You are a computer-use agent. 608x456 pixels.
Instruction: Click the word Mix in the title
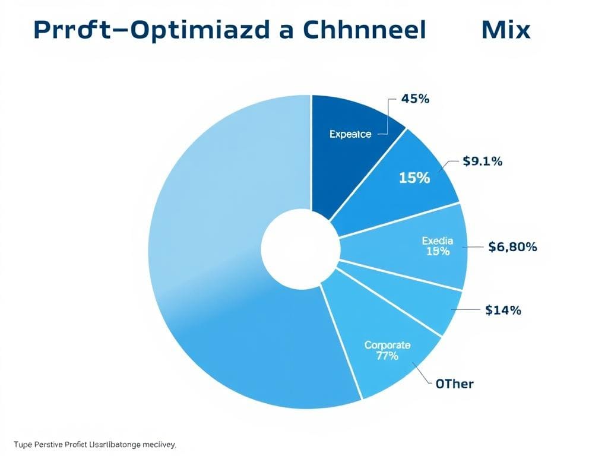tap(506, 30)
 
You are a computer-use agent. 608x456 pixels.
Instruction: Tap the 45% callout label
tap(415, 99)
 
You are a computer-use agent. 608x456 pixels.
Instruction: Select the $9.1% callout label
tap(482, 161)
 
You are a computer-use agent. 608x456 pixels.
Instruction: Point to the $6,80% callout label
tap(512, 247)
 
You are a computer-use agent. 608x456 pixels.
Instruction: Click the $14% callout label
tap(503, 309)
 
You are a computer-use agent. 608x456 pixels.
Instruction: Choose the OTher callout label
tap(454, 384)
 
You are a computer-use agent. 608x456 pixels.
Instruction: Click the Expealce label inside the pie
tap(350, 134)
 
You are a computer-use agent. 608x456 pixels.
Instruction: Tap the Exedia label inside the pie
tap(438, 240)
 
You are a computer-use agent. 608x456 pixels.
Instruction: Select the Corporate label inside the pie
tap(387, 345)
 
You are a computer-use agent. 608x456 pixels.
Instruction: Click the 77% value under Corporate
tap(387, 356)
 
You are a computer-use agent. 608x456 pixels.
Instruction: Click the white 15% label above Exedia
tap(414, 177)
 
